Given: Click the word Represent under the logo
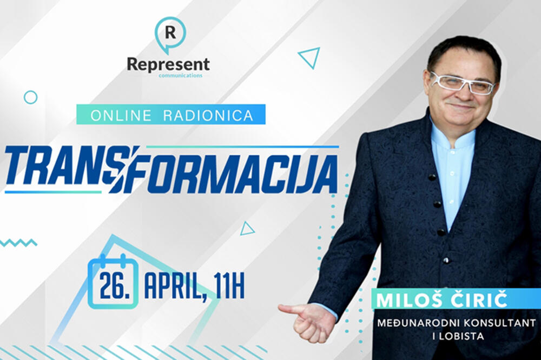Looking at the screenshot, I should (168, 64).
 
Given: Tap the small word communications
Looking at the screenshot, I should (181, 76).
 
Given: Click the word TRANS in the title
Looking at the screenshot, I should (60, 168).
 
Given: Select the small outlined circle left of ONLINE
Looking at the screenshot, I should (31, 97).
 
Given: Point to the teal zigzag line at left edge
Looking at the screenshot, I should (18, 242).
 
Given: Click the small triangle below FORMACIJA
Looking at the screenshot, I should (247, 229).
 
